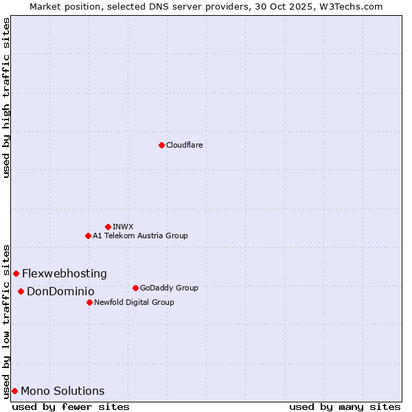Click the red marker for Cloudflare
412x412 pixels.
tap(161, 145)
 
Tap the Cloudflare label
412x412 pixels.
tap(184, 145)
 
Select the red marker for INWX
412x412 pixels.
tap(108, 227)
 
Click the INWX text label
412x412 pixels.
tap(123, 227)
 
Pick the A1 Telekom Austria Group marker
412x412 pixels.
tap(88, 236)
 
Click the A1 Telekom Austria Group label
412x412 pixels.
tap(140, 236)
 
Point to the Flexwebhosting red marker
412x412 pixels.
tap(16, 273)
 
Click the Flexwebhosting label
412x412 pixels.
tap(65, 273)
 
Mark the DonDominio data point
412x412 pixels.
tap(21, 291)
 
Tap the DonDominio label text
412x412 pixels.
tap(60, 291)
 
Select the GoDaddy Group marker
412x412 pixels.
tap(135, 288)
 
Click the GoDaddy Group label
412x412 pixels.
tap(169, 288)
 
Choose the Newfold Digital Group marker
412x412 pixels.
tap(89, 302)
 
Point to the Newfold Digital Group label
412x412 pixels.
tap(134, 302)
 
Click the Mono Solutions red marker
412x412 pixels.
tap(14, 391)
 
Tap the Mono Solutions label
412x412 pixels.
tap(62, 391)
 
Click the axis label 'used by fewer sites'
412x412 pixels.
tap(71, 407)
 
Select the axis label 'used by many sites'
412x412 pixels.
tap(345, 407)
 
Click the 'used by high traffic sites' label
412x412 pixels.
tap(6, 98)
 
